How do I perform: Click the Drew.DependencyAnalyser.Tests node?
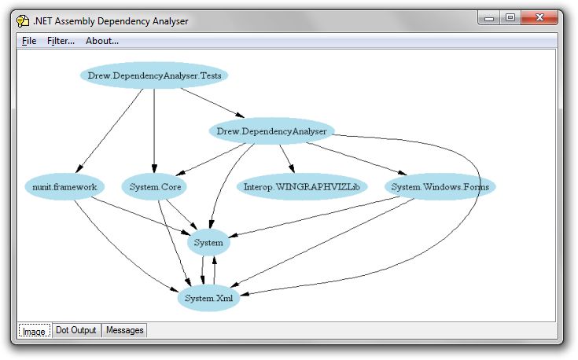click(x=154, y=75)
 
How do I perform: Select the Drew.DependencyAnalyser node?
click(x=271, y=131)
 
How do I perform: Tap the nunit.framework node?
click(x=60, y=187)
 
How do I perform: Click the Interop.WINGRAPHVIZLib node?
click(x=301, y=187)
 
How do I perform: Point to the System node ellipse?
click(x=208, y=243)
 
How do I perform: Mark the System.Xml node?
click(x=208, y=299)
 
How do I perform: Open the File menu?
click(x=29, y=41)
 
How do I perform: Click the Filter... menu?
click(x=61, y=41)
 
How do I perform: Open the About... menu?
click(x=102, y=41)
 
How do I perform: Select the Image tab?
click(x=34, y=331)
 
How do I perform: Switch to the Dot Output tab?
click(x=76, y=330)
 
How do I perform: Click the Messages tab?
click(x=125, y=330)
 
